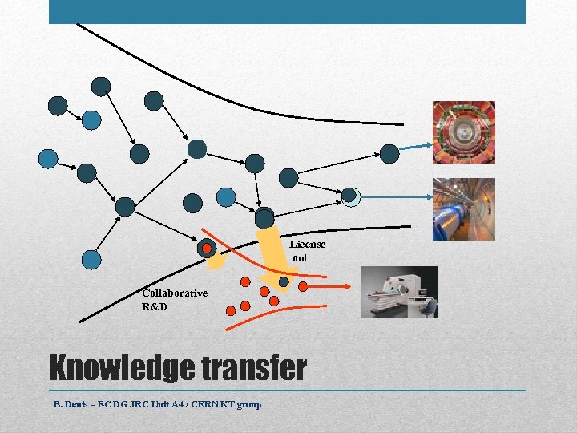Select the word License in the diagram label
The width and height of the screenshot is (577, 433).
coord(307,244)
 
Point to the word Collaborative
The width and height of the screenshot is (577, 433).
coord(175,293)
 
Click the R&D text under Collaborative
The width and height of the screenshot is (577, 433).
coord(155,306)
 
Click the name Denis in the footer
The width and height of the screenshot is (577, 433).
coord(80,404)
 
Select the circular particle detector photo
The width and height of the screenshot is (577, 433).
coord(464,132)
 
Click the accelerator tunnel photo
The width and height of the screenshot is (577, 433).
coord(464,208)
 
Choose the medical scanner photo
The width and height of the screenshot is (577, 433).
coord(399,291)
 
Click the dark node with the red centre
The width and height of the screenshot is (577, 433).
coord(207,249)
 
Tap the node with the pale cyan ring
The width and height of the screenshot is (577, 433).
coord(350,196)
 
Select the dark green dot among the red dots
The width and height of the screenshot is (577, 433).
coord(284,282)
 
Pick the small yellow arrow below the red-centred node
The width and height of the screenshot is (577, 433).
coord(215,261)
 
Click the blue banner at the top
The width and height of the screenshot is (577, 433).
coord(287,11)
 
